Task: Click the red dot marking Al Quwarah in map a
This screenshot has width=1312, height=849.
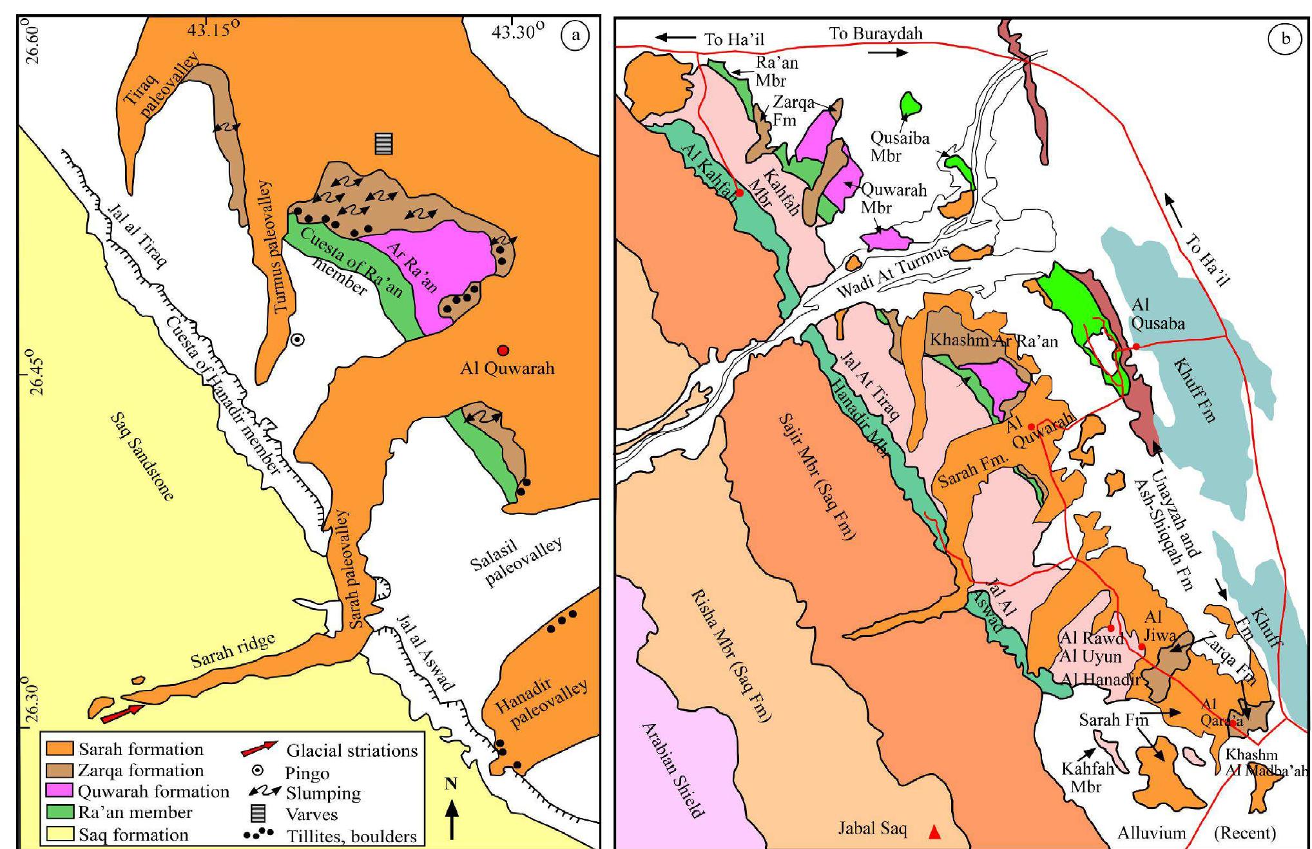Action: pyautogui.click(x=503, y=350)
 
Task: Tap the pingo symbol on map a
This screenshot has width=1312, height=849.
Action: pyautogui.click(x=297, y=339)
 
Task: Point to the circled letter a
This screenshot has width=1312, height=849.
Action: pyautogui.click(x=575, y=36)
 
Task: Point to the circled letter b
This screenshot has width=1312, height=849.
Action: pyautogui.click(x=1286, y=39)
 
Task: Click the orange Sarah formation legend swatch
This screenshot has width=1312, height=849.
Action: pyautogui.click(x=60, y=749)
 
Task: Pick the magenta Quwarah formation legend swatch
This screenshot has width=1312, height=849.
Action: pyautogui.click(x=60, y=791)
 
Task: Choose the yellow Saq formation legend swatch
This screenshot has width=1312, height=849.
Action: pyautogui.click(x=60, y=835)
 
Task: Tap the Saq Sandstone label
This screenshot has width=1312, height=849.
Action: pyautogui.click(x=142, y=456)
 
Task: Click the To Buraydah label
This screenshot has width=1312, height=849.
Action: pyautogui.click(x=875, y=33)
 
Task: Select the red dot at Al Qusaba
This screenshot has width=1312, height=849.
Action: pyautogui.click(x=1136, y=347)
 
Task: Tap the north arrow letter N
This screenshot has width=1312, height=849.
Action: pyautogui.click(x=451, y=784)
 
